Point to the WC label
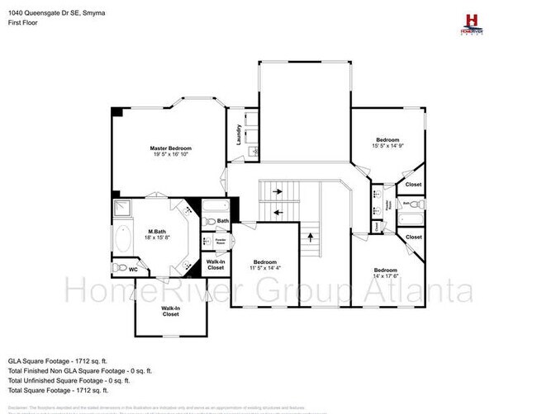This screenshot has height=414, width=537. [133, 269]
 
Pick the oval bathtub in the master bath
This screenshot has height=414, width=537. [121, 239]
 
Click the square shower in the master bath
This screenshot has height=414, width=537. [121, 207]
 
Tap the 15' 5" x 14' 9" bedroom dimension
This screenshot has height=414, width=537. [387, 147]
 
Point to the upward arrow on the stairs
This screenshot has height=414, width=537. [310, 239]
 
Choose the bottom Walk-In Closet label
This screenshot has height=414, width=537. [170, 311]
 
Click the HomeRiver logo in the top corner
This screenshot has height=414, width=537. [473, 22]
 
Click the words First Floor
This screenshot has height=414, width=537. [24, 22]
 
